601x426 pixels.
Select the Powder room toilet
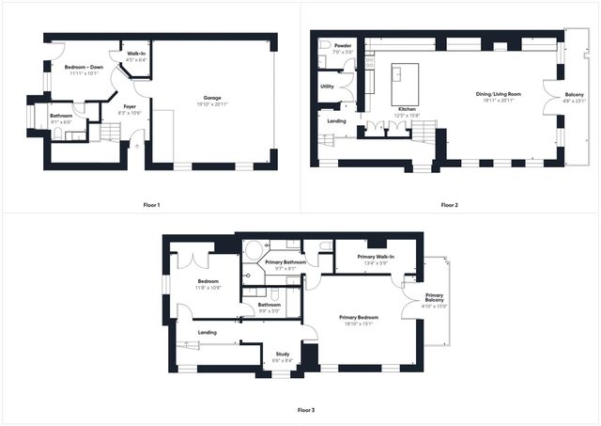(x=324, y=45)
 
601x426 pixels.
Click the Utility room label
(x=327, y=87)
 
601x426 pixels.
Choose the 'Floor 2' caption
(x=449, y=205)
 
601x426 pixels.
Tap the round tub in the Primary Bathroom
(x=253, y=250)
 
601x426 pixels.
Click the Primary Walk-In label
(x=376, y=257)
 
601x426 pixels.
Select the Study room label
(x=282, y=354)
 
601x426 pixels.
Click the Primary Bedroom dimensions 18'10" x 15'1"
(x=357, y=323)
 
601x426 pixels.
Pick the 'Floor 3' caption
(x=306, y=410)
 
